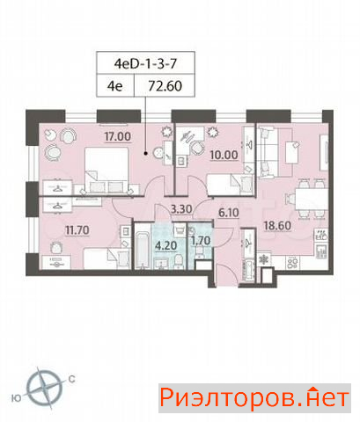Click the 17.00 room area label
pyautogui.click(x=118, y=136)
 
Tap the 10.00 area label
pyautogui.click(x=224, y=155)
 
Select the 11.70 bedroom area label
pyautogui.click(x=77, y=230)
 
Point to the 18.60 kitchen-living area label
pyautogui.click(x=277, y=226)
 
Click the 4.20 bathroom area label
pyautogui.click(x=166, y=245)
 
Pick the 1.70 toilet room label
pyautogui.click(x=201, y=241)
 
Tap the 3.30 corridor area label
pyautogui.click(x=181, y=209)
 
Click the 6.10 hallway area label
pyautogui.click(x=229, y=213)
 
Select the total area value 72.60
pyautogui.click(x=165, y=86)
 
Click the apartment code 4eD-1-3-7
pyautogui.click(x=145, y=63)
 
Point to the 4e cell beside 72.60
pyautogui.click(x=115, y=86)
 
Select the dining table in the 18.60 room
pyautogui.click(x=312, y=199)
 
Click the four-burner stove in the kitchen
pyautogui.click(x=293, y=262)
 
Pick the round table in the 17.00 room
pyautogui.click(x=159, y=152)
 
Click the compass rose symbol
pyautogui.click(x=44, y=388)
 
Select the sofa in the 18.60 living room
pyautogui.click(x=267, y=152)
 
